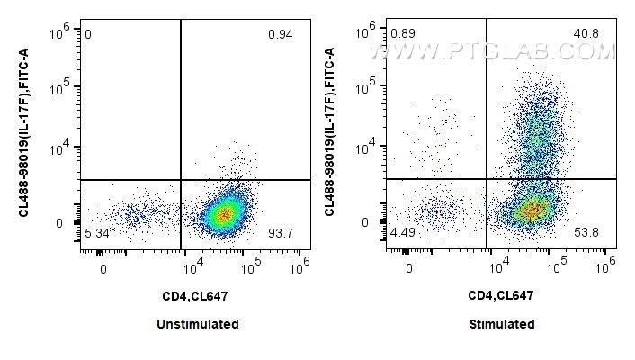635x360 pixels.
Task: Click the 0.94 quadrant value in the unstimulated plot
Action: click(280, 35)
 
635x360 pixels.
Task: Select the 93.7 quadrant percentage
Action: click(281, 234)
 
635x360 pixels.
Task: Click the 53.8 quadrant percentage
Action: click(586, 234)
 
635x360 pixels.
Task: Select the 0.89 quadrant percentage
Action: click(401, 34)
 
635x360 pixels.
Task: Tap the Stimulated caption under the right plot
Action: click(502, 324)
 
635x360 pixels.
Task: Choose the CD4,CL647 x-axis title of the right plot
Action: click(502, 295)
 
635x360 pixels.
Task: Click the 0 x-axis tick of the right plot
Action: click(409, 268)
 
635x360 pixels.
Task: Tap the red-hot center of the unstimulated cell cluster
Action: click(226, 213)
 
